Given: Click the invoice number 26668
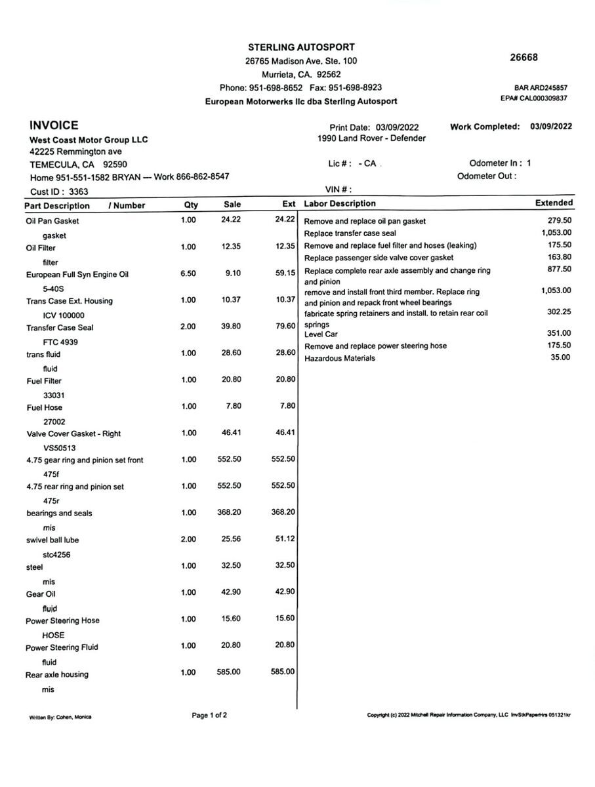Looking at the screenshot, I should [523, 57].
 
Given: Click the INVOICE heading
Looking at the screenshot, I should [54, 125].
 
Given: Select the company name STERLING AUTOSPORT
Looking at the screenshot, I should [301, 47].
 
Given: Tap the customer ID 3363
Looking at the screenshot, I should [78, 192].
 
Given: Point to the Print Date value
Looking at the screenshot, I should [397, 127].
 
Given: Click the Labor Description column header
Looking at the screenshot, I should [340, 204].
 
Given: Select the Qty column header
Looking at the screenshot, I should [191, 205].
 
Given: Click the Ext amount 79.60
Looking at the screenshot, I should [285, 327].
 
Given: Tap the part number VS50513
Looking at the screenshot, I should [61, 448].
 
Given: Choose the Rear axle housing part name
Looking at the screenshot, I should [57, 674].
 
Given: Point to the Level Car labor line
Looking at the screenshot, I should [321, 334].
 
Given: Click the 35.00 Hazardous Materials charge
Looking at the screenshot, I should [560, 357].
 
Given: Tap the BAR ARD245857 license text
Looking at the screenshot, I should [541, 87].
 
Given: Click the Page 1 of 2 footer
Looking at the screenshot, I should [209, 715].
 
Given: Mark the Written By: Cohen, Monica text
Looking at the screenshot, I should [60, 717].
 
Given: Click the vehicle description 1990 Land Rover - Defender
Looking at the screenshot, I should [371, 138].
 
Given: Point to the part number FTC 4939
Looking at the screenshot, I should [61, 342].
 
